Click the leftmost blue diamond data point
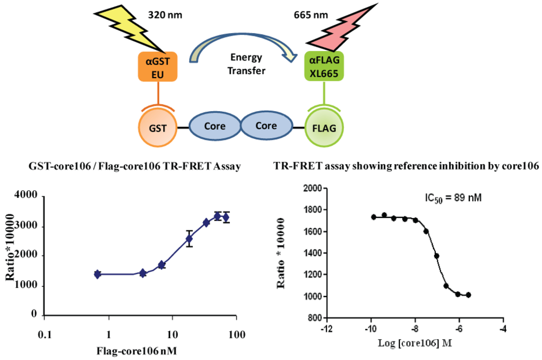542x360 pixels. [97, 274]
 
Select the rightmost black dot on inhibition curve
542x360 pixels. [469, 295]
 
